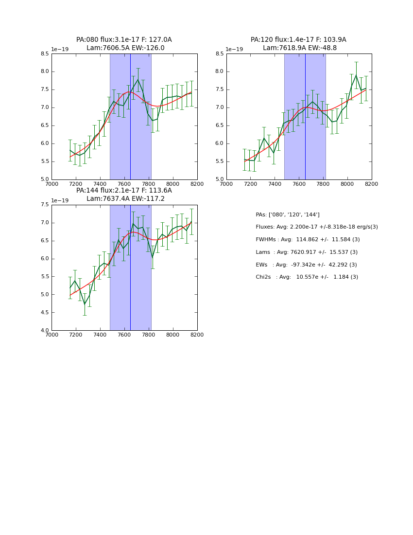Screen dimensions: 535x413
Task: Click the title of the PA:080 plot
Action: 124,44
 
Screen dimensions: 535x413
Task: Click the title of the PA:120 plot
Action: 299,44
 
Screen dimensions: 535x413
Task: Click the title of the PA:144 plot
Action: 124,195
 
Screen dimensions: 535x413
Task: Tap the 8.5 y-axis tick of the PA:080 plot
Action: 45,54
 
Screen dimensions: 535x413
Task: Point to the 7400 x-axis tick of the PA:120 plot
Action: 275,184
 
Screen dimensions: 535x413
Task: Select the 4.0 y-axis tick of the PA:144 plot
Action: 45,331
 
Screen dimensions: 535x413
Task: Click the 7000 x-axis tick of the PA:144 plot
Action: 52,335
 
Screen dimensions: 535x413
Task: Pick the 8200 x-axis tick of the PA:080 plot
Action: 197,184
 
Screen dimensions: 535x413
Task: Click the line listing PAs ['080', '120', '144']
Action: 288,214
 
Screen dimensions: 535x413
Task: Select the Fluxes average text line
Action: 317,227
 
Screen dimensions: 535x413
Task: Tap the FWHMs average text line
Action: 308,240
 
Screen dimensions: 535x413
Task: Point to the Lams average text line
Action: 307,252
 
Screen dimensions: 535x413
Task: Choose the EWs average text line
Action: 306,265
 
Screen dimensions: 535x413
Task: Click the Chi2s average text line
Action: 307,277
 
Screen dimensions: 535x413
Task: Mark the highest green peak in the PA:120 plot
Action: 356,75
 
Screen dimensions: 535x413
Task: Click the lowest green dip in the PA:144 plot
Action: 85,304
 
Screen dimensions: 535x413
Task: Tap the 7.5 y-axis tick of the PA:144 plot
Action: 45,205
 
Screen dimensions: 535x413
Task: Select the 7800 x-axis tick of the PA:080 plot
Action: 149,184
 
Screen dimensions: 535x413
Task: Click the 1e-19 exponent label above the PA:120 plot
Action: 234,50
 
